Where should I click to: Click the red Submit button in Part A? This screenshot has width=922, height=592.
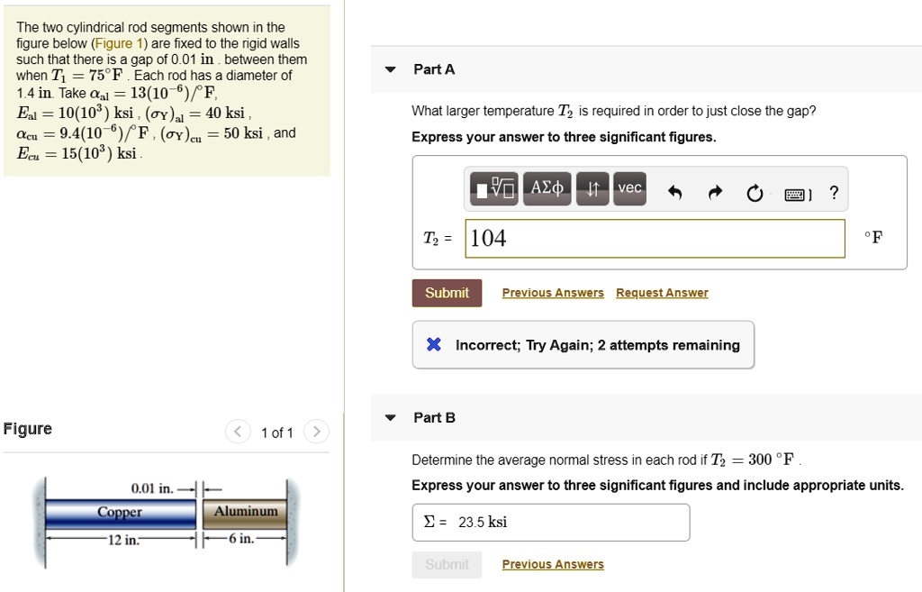(x=447, y=293)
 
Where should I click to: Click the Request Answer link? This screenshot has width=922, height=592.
(x=662, y=293)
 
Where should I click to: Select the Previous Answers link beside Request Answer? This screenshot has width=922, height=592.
(x=553, y=293)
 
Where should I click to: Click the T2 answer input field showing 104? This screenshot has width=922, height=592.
(x=655, y=238)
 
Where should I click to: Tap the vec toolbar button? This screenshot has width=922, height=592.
(x=628, y=188)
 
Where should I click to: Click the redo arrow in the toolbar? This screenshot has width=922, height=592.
(x=716, y=193)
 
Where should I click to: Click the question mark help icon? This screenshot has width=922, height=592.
(x=835, y=193)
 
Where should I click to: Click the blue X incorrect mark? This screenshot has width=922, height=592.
(x=433, y=345)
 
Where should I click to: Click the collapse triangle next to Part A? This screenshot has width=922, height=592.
(x=390, y=69)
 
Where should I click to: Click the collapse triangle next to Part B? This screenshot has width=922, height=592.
(x=390, y=418)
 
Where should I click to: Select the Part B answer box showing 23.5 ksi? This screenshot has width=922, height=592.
(x=550, y=522)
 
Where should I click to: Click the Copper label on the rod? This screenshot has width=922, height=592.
(x=120, y=512)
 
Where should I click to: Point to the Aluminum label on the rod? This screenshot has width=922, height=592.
(x=246, y=512)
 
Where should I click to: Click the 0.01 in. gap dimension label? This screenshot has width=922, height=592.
(x=152, y=488)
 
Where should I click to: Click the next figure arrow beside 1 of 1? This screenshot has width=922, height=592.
(x=316, y=433)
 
